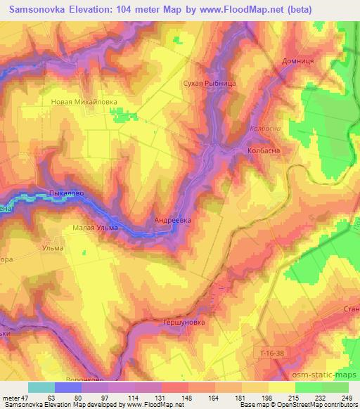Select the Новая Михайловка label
tap(84, 101)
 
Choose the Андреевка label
tap(172, 219)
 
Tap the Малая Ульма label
tap(96, 228)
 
